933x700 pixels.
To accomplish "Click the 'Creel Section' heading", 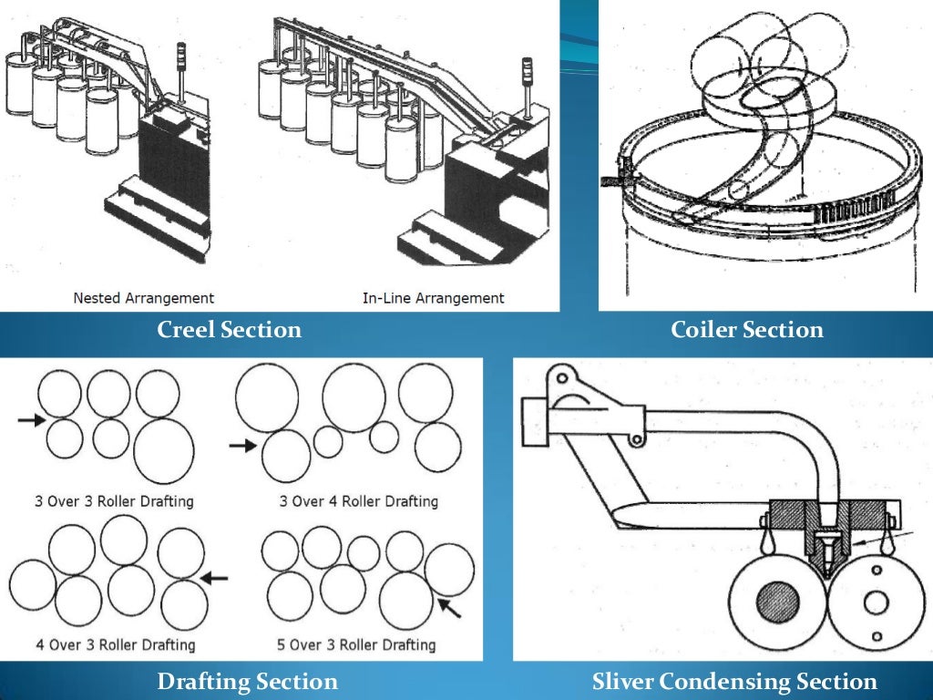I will tap(229, 330).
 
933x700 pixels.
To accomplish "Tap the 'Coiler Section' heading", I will tap(746, 330).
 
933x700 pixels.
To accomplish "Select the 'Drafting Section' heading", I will tap(247, 681).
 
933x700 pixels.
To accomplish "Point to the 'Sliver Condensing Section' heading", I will tap(734, 681).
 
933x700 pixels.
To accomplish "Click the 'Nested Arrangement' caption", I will tap(144, 298).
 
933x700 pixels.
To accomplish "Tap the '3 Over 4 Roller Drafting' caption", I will tap(358, 501).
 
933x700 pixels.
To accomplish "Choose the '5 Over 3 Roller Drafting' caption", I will tap(355, 644).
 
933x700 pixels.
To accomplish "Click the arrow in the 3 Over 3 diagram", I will tap(31, 420).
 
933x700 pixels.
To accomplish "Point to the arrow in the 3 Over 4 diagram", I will tap(243, 446).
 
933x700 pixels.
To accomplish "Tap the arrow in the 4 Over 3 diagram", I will tap(214, 577).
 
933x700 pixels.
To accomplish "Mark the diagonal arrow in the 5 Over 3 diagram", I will tap(450, 606).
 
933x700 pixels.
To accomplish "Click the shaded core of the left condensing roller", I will tap(777, 602).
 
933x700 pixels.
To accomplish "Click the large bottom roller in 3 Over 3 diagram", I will tap(164, 452).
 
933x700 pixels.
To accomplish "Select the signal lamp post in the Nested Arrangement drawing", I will tap(182, 77).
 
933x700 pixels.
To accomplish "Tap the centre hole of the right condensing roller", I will tap(877, 602).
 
